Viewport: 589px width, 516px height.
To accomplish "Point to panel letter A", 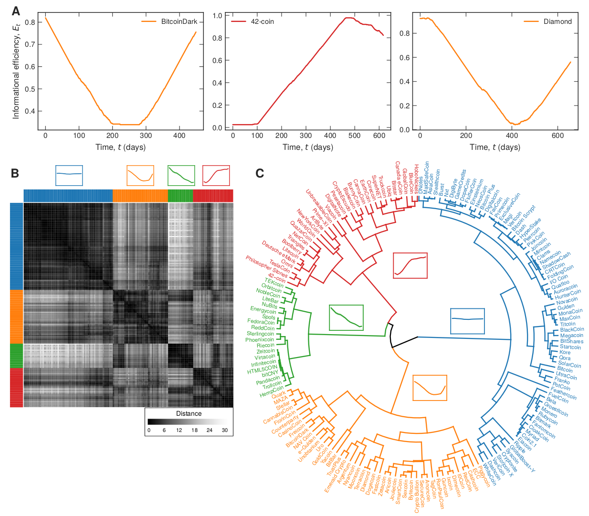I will point(16,11).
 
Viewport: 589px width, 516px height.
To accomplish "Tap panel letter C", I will point(260,173).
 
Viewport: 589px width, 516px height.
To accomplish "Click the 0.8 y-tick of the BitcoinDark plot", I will point(30,22).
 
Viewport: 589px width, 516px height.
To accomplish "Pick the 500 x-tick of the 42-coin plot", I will point(354,136).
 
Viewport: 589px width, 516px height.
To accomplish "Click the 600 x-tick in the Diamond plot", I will point(557,136).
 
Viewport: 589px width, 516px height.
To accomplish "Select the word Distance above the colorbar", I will point(189,413).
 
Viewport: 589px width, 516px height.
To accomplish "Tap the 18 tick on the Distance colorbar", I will point(194,430).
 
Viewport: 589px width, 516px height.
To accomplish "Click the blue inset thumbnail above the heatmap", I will point(69,175).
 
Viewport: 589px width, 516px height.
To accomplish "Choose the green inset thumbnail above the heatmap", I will point(181,175).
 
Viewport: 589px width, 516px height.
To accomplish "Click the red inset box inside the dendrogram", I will point(410,265).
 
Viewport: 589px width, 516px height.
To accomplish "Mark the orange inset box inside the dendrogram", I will point(430,388).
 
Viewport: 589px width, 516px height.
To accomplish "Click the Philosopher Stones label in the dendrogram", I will point(267,266).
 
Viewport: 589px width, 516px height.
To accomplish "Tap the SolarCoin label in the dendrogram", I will point(569,364).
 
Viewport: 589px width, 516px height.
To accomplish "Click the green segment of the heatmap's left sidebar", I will point(16,355).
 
